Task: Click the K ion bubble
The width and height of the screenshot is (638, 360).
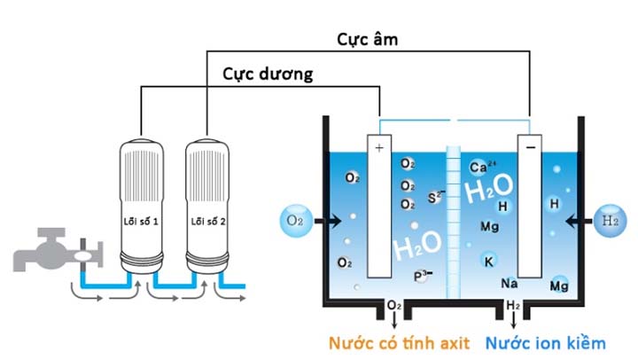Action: pos(488,260)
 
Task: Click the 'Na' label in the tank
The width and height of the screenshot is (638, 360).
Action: pos(510,283)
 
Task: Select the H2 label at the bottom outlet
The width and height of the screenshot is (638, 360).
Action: pos(513,307)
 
